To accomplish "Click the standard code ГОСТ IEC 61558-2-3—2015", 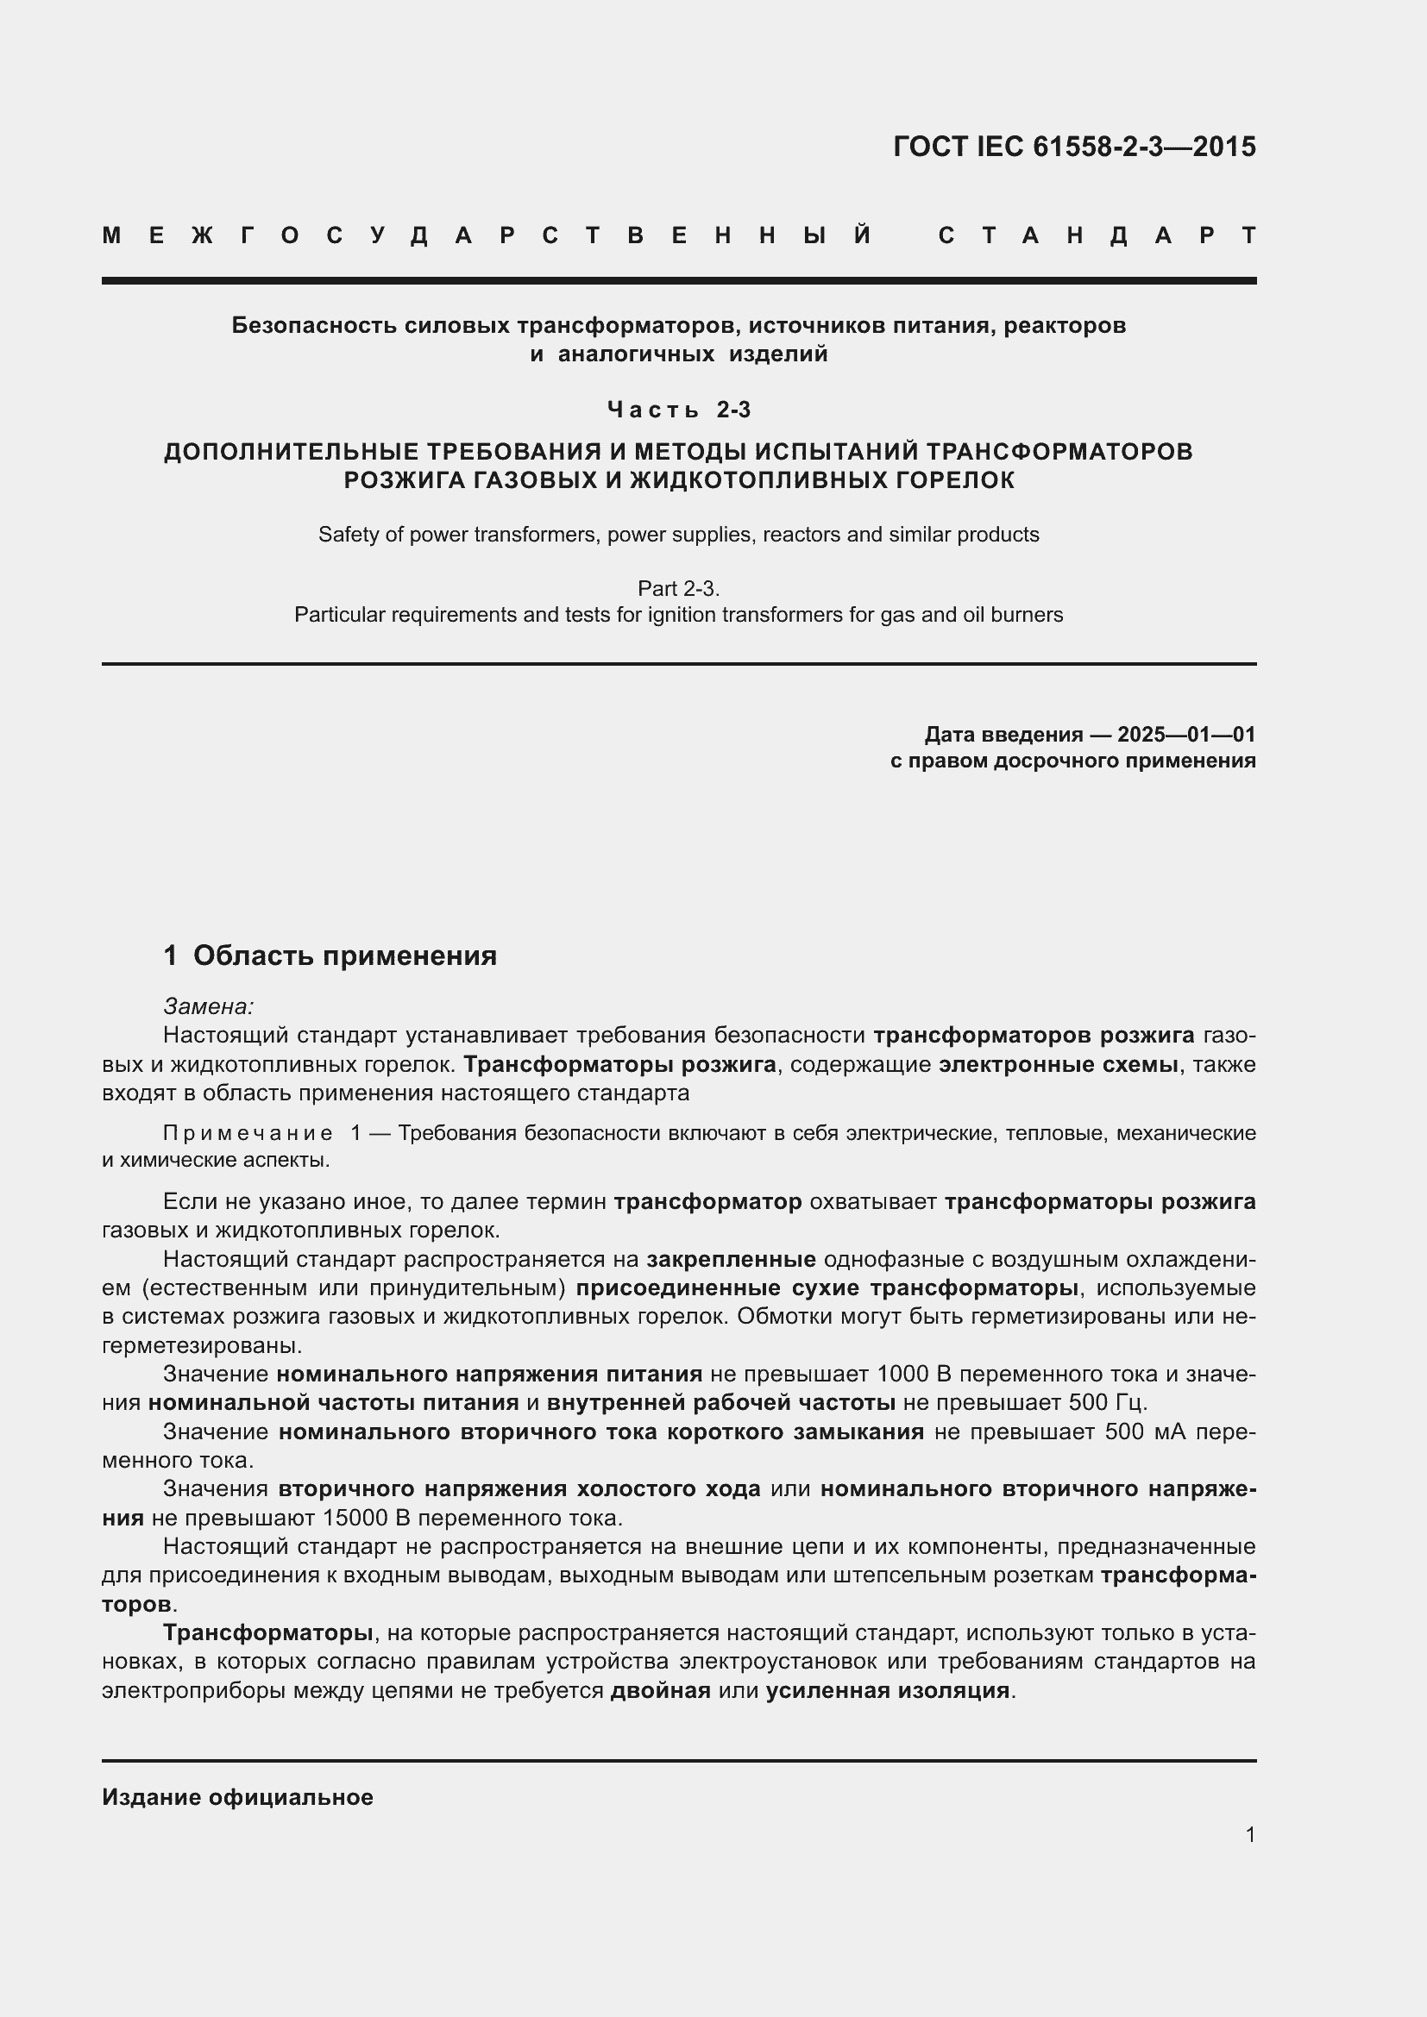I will pos(1074,147).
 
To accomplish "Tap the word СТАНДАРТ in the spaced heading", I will pos(1097,235).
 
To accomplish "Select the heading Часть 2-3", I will pos(679,410).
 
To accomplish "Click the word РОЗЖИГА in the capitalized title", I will pos(395,480).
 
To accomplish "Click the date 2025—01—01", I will pos(1185,735).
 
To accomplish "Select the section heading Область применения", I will pos(344,955).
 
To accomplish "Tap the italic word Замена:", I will pos(208,1006).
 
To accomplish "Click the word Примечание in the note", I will pos(248,1133).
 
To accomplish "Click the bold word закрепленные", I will pos(731,1260).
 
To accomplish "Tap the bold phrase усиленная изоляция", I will pos(888,1691).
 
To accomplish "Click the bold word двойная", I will pos(660,1691).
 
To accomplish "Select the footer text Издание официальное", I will pos(237,1797).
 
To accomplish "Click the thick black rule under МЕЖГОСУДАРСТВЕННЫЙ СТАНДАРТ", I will pos(678,281).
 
